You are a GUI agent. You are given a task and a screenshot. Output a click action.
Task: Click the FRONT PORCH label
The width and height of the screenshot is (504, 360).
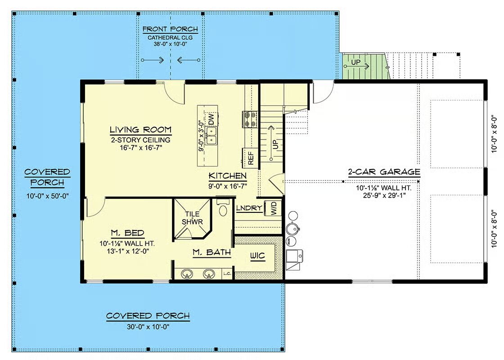click(171, 29)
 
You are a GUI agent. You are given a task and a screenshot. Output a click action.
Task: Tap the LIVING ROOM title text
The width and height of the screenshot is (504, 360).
click(140, 130)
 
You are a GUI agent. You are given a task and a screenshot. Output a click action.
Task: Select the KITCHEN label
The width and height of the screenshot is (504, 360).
click(228, 176)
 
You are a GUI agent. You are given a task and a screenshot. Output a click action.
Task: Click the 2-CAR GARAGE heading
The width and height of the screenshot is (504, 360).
click(384, 172)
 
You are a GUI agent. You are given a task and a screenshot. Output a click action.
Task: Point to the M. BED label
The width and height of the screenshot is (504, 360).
click(128, 233)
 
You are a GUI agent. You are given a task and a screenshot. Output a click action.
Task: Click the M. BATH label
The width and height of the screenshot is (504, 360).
click(212, 252)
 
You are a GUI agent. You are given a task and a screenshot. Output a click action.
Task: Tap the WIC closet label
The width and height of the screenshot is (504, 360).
click(258, 256)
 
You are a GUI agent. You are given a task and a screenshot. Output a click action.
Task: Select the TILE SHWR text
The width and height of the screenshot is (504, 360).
click(192, 218)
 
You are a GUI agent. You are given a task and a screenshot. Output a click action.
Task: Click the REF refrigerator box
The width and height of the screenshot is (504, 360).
click(250, 158)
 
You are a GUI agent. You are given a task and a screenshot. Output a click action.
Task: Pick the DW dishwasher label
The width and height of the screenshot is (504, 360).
click(211, 120)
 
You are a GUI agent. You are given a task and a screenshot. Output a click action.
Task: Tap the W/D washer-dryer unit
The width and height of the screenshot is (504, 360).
click(273, 208)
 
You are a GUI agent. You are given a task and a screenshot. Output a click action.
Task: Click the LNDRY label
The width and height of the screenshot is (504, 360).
click(249, 208)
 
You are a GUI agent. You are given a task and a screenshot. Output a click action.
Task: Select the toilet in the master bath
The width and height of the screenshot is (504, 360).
click(222, 207)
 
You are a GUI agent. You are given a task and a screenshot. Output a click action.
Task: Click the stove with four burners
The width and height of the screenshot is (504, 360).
click(250, 119)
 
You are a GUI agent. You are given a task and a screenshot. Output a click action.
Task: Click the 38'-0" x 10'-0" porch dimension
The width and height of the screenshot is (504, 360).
click(171, 44)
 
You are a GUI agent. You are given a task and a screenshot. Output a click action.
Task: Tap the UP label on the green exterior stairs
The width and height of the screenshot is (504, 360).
click(355, 63)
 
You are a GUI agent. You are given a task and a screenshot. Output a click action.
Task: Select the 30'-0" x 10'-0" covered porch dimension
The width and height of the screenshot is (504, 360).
click(148, 327)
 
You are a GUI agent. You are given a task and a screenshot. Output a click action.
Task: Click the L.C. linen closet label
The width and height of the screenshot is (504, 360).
click(227, 274)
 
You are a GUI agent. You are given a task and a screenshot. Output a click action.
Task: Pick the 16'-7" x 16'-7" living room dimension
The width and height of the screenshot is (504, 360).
click(140, 148)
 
